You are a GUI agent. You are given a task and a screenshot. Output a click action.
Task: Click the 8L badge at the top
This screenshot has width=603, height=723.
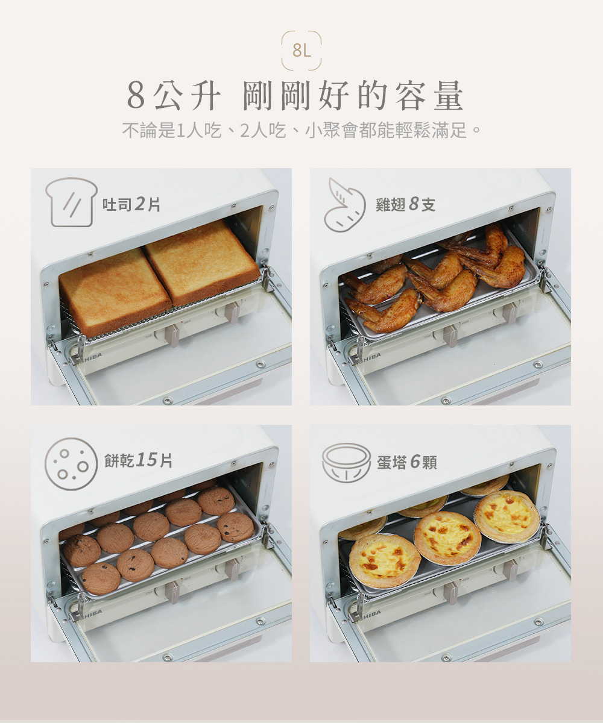click(x=301, y=51)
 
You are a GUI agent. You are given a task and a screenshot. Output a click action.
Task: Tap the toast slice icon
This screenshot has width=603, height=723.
click(x=71, y=202)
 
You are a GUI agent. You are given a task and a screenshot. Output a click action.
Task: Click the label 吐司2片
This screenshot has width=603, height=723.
click(x=131, y=204)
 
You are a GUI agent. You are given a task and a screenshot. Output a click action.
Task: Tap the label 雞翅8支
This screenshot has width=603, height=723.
click(x=405, y=204)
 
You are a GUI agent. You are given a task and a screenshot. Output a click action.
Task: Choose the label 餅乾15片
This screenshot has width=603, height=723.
click(x=138, y=460)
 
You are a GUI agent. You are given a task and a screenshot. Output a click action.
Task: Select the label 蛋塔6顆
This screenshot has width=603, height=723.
click(x=407, y=462)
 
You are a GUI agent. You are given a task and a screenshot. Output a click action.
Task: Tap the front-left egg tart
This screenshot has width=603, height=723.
click(x=384, y=560)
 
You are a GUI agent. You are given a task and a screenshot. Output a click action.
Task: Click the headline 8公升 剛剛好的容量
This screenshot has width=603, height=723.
click(x=295, y=96)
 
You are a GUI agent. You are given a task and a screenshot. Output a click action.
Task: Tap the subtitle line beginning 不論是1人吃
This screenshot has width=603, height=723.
click(x=301, y=131)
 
